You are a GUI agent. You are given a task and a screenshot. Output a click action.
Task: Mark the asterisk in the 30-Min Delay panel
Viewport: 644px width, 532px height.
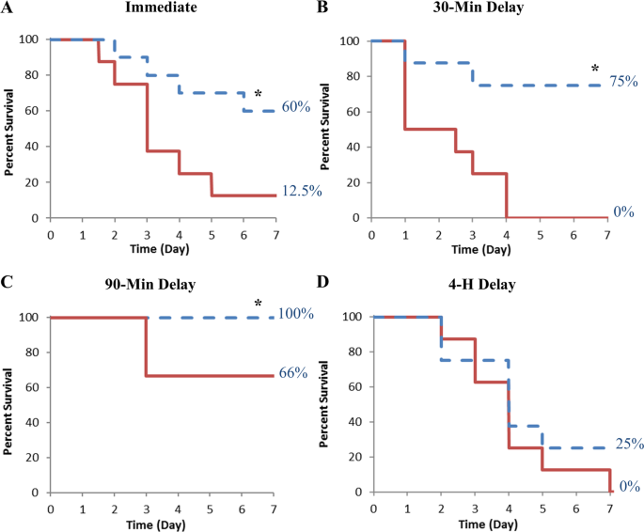(594, 69)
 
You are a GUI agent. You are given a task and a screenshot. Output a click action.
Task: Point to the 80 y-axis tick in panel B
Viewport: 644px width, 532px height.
(353, 76)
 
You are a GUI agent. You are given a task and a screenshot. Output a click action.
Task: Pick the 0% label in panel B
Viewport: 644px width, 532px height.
(623, 212)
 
